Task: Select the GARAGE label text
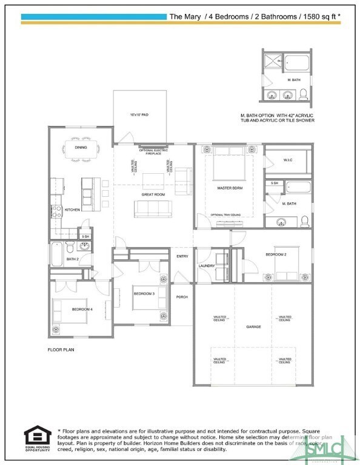253,327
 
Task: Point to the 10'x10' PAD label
139,114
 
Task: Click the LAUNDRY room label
207,266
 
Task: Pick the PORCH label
182,297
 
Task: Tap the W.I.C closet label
288,160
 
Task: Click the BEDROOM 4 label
82,309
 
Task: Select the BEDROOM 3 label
144,294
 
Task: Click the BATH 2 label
72,259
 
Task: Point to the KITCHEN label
72,209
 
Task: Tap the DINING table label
81,147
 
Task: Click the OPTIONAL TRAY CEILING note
225,214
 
